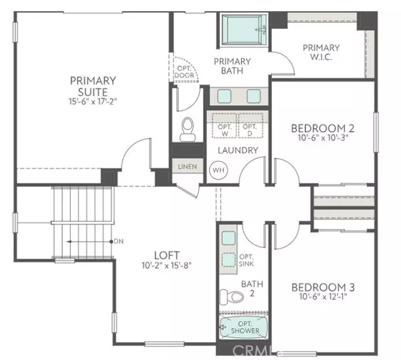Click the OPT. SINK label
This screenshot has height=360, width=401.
(x=247, y=260)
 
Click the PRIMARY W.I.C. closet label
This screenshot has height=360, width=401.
(x=321, y=52)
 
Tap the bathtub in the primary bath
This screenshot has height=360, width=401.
(x=244, y=29)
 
